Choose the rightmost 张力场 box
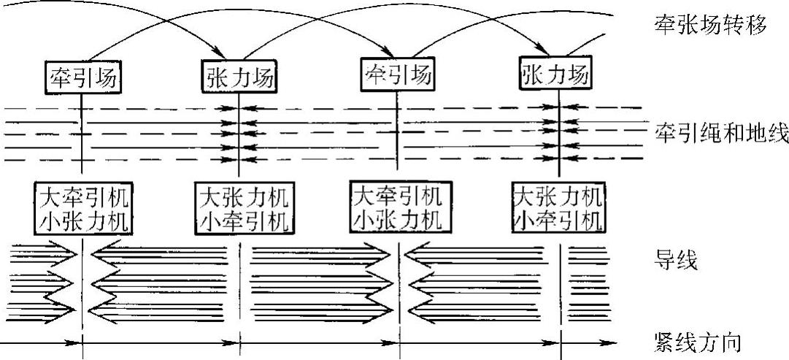click(556, 74)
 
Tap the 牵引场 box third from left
click(396, 74)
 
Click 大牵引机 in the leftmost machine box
click(84, 196)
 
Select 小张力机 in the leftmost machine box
click(84, 218)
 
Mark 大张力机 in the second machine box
click(242, 198)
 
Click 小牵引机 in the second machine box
click(242, 218)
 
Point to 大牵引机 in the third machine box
click(399, 195)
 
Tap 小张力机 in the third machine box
click(399, 217)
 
